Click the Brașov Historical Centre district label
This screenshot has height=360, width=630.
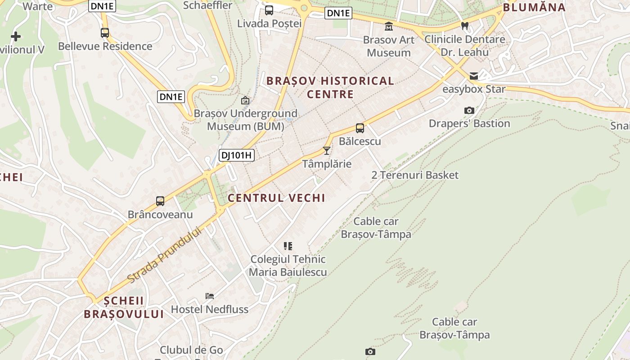point(330,87)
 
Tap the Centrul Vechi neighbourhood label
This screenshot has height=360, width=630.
point(276,198)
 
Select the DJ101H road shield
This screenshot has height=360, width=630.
point(237,156)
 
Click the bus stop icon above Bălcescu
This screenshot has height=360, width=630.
point(360,128)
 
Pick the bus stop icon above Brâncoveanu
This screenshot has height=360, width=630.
point(160,201)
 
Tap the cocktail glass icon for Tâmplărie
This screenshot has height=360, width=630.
point(327,150)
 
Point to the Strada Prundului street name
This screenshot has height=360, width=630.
point(164,255)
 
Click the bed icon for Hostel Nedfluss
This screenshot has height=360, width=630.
point(210,296)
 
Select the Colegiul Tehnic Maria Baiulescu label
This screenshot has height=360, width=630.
point(288,265)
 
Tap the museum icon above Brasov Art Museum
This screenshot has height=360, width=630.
point(389,27)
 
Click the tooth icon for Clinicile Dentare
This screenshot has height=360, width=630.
point(465,26)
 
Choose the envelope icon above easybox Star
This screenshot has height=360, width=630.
point(474,76)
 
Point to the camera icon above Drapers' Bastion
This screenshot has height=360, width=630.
point(469,110)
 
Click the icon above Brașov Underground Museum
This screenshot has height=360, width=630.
point(245,100)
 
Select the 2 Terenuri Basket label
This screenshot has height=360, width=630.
point(415,175)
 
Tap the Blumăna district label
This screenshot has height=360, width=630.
point(534,7)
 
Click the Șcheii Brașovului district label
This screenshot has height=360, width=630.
point(124,307)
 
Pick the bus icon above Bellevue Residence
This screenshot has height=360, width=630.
point(105,33)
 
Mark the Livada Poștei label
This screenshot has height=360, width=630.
point(269,23)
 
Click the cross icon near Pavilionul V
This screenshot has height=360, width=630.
point(16,36)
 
